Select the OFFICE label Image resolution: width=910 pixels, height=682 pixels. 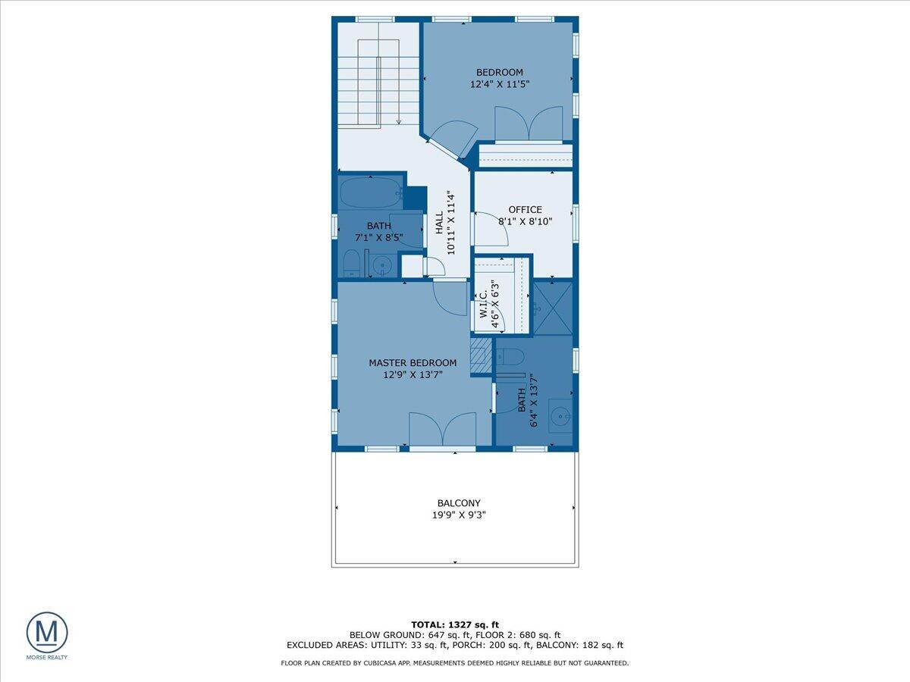[x=525, y=210]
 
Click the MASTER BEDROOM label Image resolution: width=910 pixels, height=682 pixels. [x=413, y=363]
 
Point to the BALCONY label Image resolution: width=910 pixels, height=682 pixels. [x=458, y=503]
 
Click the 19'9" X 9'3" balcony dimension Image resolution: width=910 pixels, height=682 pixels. [x=458, y=515]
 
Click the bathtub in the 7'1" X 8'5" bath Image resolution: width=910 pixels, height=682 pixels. [x=370, y=193]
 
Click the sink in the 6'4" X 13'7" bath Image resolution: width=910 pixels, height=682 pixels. [x=560, y=415]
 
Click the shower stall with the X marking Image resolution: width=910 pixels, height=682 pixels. [x=553, y=307]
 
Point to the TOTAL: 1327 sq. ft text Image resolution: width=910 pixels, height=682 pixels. [x=454, y=624]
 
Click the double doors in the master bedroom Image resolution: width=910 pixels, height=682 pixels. [x=443, y=430]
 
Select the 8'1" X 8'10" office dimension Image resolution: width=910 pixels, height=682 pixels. [x=525, y=222]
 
